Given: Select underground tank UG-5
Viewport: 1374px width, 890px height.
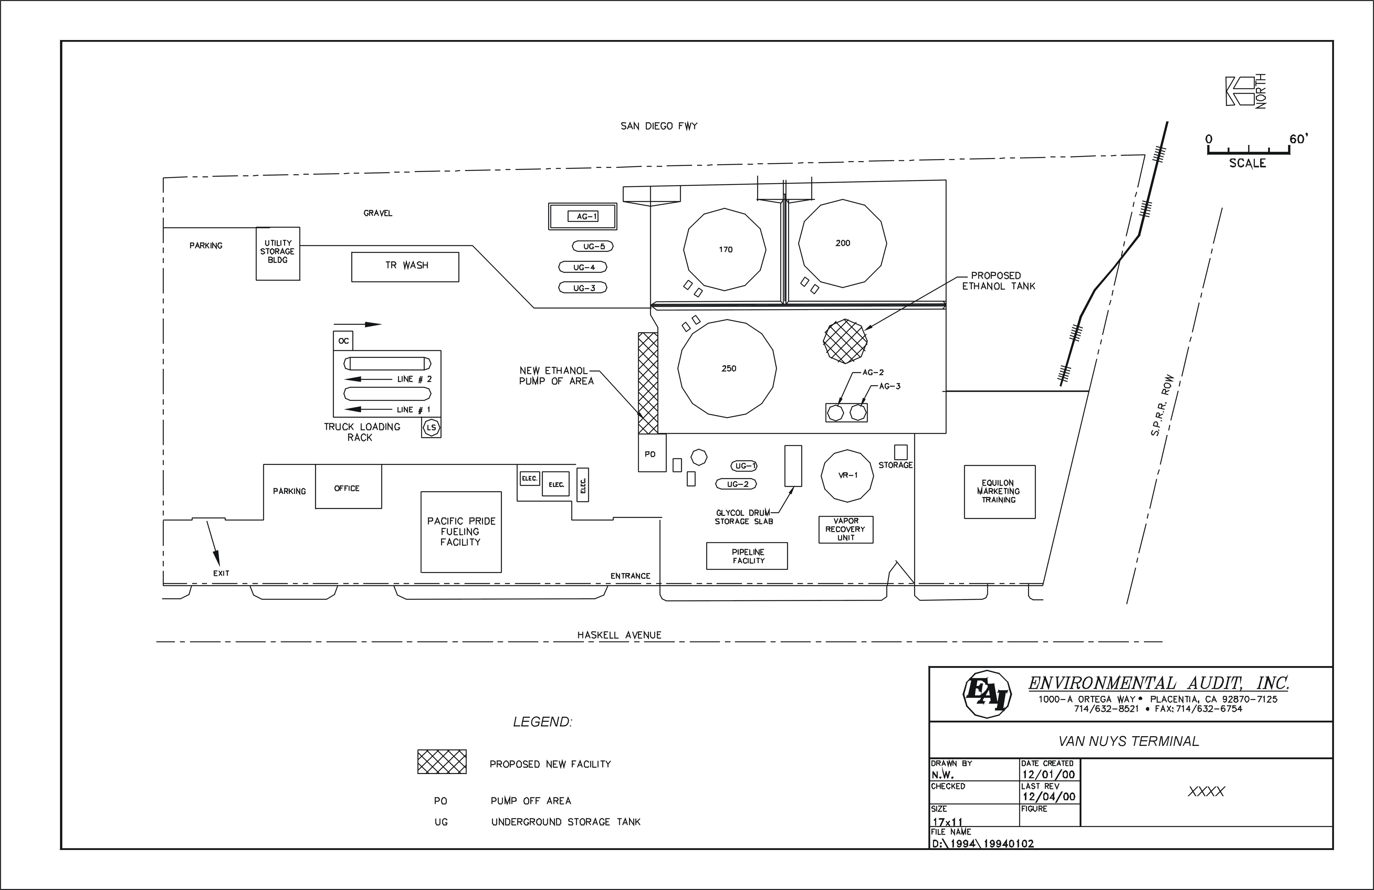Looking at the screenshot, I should coord(593,247).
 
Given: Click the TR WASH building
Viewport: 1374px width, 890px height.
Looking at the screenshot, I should coord(405,267).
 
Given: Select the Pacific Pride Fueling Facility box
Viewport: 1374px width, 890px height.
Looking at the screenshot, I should coord(461,532).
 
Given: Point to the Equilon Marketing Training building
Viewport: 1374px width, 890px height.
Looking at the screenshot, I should coord(999,492).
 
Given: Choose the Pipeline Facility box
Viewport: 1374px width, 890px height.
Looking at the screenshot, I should coord(747,556).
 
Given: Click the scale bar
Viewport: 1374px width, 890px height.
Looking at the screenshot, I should coord(1247,152).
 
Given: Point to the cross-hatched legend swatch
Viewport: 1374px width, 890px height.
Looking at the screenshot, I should coord(442,762).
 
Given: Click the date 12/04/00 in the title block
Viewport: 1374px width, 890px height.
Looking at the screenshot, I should coord(1048,796).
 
